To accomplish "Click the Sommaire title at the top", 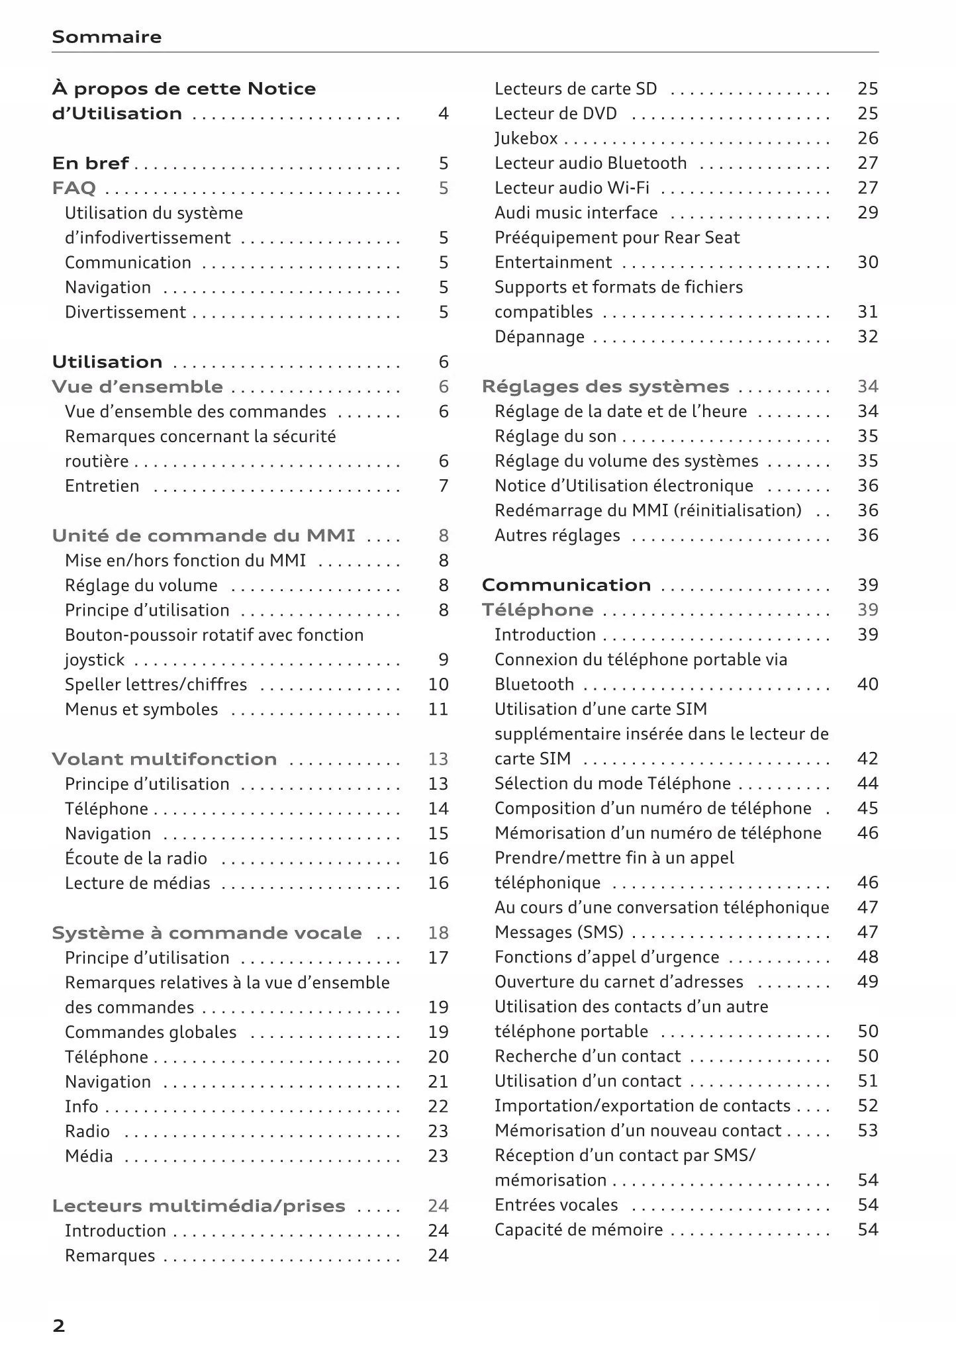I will [x=107, y=37].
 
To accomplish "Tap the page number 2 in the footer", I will [x=59, y=1326].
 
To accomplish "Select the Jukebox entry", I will [x=526, y=138].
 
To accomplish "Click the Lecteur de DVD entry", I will [x=555, y=114].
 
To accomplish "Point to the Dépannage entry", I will [x=540, y=337].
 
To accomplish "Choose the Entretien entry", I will [x=102, y=486].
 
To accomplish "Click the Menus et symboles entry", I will [x=141, y=710].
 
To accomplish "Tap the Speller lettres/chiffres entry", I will [x=156, y=684].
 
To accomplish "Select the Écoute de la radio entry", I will [x=136, y=859].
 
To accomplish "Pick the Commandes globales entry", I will [x=150, y=1032].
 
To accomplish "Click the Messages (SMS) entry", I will [x=559, y=932].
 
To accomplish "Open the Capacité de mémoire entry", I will [x=579, y=1230].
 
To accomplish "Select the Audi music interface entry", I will [x=576, y=212].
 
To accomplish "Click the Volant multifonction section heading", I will [x=164, y=759].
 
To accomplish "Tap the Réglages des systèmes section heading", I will [x=605, y=387].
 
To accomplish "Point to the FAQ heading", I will [x=74, y=189].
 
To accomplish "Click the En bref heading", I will [x=91, y=164].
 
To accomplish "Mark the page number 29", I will [x=867, y=212].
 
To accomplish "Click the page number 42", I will [x=867, y=759].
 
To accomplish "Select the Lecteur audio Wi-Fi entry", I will [x=572, y=188].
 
